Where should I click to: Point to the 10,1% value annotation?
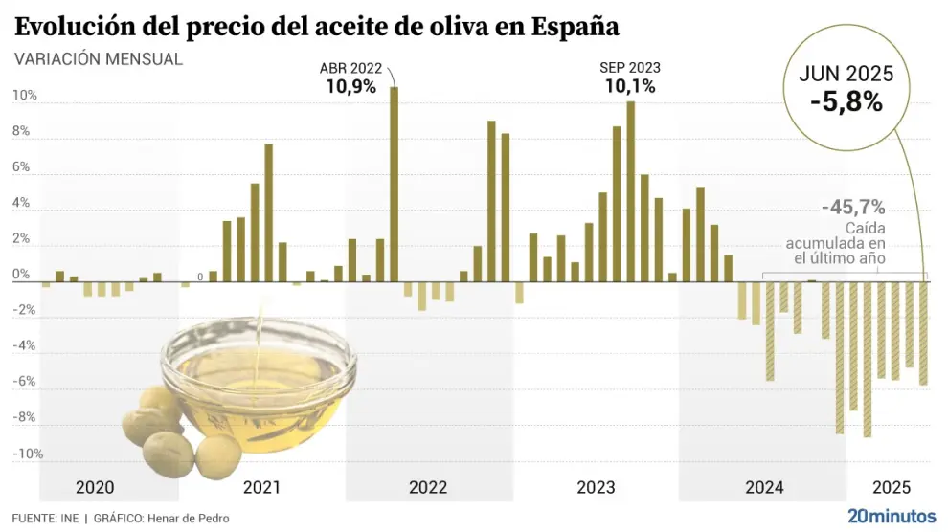(x=629, y=86)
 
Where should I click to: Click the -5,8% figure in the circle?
(x=846, y=101)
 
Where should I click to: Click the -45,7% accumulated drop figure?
(x=853, y=207)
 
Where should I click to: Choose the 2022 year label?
(x=428, y=488)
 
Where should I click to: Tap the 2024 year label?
(x=763, y=488)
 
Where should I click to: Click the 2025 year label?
(x=892, y=488)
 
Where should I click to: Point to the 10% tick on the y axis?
(x=25, y=96)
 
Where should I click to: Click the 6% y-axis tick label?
(x=23, y=167)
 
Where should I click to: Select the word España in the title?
(x=562, y=26)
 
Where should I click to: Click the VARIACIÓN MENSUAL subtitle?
(x=99, y=58)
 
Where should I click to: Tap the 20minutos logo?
(x=892, y=516)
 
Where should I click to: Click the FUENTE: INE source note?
(x=45, y=519)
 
